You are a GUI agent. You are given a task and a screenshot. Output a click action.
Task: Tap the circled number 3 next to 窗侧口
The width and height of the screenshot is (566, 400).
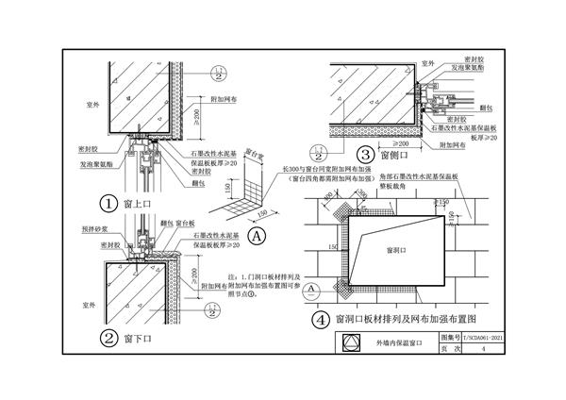363,155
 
